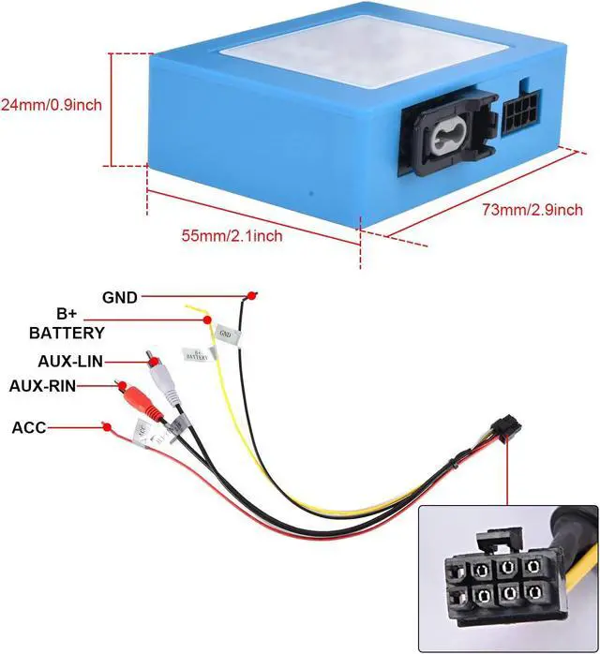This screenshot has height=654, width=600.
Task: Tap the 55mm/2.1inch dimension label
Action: coord(232,235)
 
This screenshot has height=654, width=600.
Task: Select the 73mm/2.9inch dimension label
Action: coord(532,210)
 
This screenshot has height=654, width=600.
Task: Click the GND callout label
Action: coord(120,297)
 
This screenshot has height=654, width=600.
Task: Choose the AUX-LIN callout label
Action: coord(71,361)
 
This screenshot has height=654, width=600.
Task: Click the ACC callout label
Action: coord(28,427)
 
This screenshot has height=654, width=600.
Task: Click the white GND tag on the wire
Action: coord(225,334)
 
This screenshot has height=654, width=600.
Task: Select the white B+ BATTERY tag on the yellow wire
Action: coord(197,355)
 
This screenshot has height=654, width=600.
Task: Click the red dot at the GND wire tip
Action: coord(248,297)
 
